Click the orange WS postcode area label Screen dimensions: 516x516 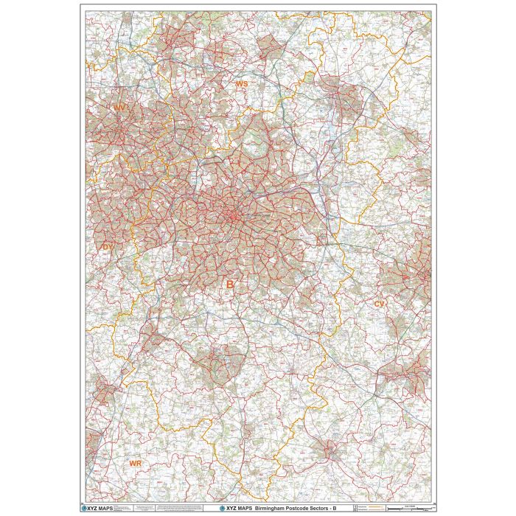pos(241,85)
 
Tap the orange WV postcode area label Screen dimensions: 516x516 pos(119,108)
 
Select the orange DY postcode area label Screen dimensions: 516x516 pos(108,247)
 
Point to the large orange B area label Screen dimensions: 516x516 pos(230,284)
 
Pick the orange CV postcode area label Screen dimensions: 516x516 pos(380,304)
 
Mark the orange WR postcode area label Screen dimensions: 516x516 pos(135,463)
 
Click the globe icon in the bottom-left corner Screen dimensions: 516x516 pos(84,508)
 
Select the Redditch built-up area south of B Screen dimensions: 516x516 pos(218,366)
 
